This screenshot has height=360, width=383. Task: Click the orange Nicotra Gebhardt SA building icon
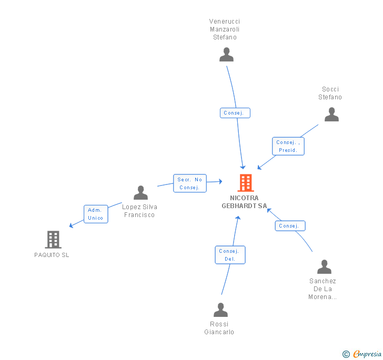245,183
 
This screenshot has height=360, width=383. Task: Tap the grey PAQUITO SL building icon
53,240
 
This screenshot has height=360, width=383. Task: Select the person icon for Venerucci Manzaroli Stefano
226,55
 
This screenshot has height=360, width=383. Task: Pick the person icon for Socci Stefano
331,115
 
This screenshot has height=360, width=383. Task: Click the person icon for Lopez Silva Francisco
140,193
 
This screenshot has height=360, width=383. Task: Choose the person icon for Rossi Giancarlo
220,310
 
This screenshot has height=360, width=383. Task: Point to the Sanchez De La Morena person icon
324,267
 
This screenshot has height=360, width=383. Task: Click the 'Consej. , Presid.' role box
289,146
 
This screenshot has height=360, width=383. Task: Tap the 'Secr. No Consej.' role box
190,183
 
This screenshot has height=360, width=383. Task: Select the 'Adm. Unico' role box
96,214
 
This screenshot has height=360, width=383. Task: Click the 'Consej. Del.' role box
230,255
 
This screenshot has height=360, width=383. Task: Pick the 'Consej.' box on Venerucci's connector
235,113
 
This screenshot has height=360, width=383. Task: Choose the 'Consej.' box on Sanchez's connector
290,226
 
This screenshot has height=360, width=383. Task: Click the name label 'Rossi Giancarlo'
219,328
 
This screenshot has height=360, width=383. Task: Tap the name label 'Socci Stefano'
330,93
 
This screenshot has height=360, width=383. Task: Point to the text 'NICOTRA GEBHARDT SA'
244,202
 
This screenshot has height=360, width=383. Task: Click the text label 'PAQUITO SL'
52,255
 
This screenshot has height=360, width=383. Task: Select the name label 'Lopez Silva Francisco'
139,211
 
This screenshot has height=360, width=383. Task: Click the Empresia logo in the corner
362,354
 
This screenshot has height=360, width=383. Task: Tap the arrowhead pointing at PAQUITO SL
72,225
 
